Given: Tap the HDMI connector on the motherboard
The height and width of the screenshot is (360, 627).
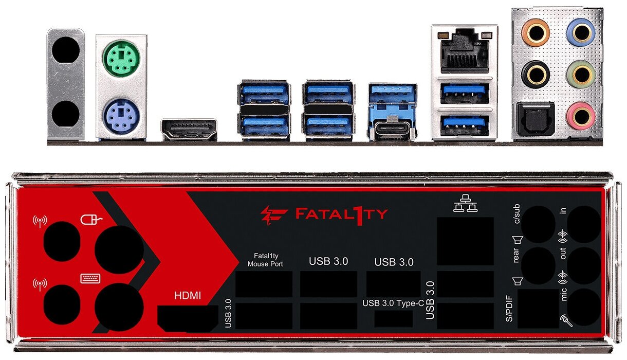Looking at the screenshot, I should click(189, 130).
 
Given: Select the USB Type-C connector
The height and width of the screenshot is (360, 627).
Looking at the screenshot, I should click(393, 129).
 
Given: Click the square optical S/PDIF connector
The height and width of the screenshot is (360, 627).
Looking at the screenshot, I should click(535, 119).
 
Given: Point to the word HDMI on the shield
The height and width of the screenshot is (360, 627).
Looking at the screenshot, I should click(188, 296).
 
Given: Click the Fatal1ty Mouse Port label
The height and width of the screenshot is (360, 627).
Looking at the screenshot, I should click(265, 260).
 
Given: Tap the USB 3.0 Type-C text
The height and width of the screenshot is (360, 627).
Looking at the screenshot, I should click(393, 303).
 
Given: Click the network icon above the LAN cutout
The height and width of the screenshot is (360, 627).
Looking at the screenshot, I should click(465, 204).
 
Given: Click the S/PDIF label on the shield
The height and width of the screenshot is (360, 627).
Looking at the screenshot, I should click(509, 309).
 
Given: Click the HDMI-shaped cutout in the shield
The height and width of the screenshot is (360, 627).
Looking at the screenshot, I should click(187, 318).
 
